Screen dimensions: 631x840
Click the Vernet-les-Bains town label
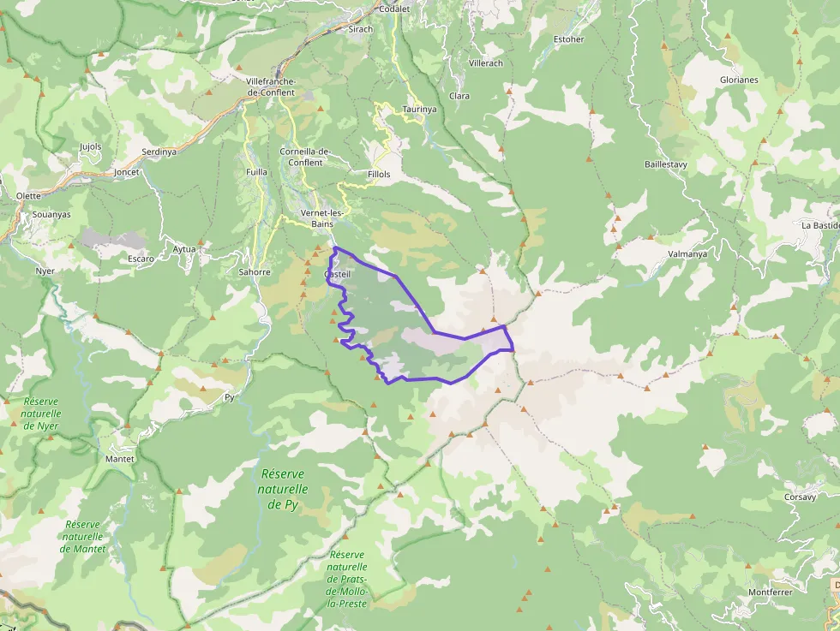point(322,218)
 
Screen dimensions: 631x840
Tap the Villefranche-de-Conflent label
point(270,86)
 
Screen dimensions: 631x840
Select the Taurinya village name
point(419,110)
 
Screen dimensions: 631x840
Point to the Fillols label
point(378,174)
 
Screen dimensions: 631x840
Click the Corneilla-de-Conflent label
point(305,157)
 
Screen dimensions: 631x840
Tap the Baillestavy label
point(666,164)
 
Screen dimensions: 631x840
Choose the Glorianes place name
point(738,80)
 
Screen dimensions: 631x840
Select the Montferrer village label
point(770,592)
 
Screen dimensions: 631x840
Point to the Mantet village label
point(119,459)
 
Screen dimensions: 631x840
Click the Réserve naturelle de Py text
point(283,489)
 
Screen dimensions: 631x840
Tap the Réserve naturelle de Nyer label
point(41,413)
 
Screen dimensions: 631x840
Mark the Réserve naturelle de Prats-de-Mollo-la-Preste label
point(347,579)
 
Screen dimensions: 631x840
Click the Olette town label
point(28,195)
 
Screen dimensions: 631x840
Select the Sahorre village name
point(255,272)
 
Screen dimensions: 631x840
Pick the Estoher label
point(569,39)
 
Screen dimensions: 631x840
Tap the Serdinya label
point(159,152)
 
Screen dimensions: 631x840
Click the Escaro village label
point(141,258)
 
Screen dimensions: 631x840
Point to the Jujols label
point(90,146)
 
